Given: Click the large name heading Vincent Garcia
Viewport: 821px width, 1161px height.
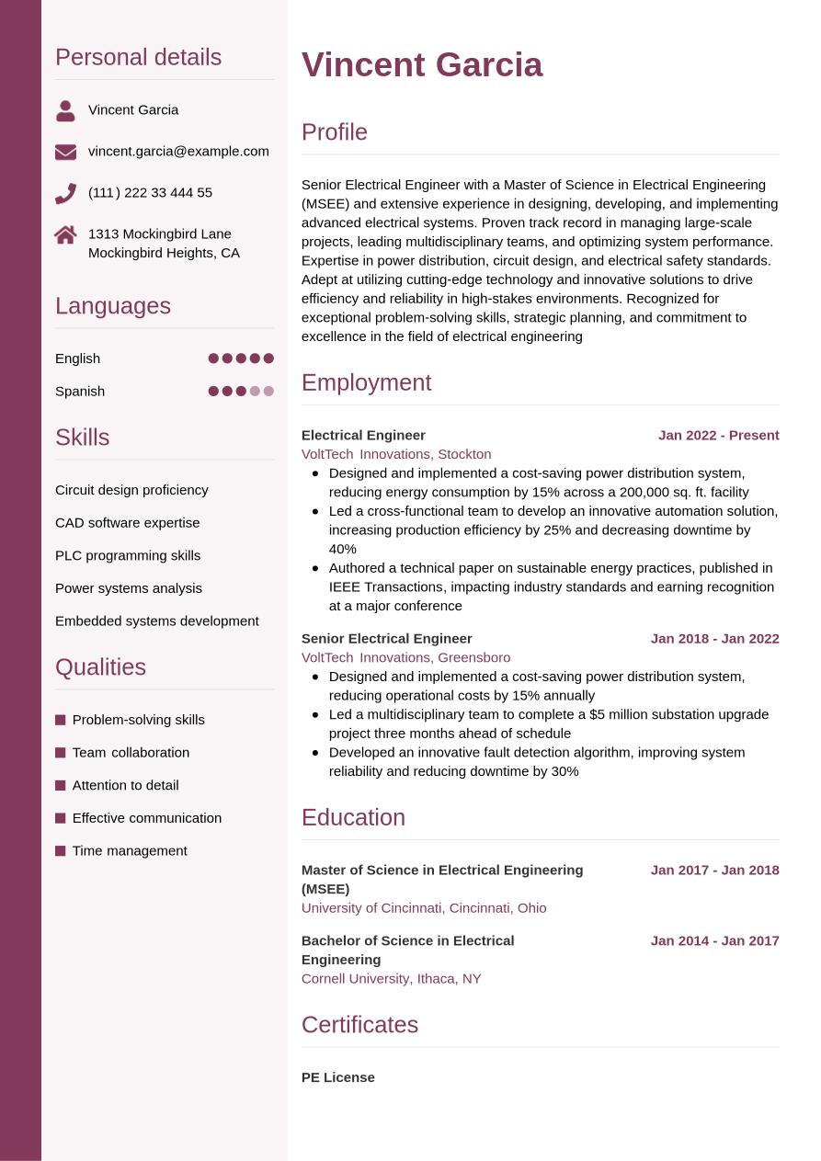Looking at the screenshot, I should click(x=422, y=65).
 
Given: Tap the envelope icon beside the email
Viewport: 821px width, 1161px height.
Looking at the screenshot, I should click(x=65, y=152).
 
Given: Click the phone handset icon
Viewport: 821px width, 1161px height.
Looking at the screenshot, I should click(x=65, y=193).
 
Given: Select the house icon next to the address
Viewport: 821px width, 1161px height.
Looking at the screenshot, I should click(x=65, y=234).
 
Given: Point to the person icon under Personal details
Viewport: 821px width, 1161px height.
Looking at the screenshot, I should click(x=65, y=111).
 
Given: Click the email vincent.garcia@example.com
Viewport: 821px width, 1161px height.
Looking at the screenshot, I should click(x=178, y=151).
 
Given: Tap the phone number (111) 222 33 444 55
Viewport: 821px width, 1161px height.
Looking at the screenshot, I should click(x=150, y=192).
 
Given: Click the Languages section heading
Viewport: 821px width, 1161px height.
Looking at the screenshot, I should click(x=113, y=305).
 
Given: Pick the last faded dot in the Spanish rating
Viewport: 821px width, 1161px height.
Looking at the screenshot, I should click(x=268, y=391).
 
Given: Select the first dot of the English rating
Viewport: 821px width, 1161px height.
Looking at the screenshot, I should click(x=213, y=359).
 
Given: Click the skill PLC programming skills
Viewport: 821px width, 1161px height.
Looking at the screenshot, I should click(x=128, y=555).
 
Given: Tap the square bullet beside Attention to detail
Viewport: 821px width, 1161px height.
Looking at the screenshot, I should click(x=61, y=785).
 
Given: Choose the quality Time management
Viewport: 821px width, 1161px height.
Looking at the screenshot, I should click(x=130, y=850).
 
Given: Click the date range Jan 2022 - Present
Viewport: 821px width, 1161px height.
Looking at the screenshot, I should click(x=718, y=435).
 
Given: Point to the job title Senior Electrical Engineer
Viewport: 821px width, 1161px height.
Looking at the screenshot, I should click(x=386, y=638).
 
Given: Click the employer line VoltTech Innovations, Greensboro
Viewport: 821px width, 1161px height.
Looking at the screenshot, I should click(x=405, y=657).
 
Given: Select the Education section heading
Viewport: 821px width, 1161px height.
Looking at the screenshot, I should click(x=353, y=817).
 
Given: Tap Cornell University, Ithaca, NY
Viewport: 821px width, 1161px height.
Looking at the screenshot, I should click(x=391, y=978).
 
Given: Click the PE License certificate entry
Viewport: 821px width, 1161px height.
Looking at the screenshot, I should click(x=338, y=1077).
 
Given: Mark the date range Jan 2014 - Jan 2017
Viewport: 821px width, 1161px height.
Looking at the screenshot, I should click(x=714, y=940).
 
